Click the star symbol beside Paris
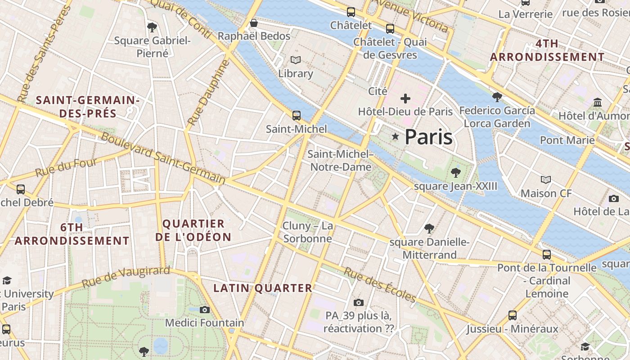click(395, 136)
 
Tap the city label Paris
click(428, 137)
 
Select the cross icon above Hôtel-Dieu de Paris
click(405, 98)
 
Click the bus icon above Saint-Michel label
click(296, 116)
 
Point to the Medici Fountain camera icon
click(205, 310)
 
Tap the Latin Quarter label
click(263, 288)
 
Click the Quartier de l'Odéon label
click(193, 230)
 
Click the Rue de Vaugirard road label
click(126, 277)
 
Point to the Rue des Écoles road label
click(380, 284)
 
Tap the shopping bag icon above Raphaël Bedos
click(254, 23)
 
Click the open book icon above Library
click(295, 60)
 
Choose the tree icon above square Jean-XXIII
click(455, 172)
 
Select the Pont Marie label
click(567, 140)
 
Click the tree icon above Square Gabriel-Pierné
click(152, 27)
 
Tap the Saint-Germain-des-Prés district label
click(88, 107)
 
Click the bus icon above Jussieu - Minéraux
click(512, 315)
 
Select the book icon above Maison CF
click(545, 180)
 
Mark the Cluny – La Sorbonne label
click(308, 232)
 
